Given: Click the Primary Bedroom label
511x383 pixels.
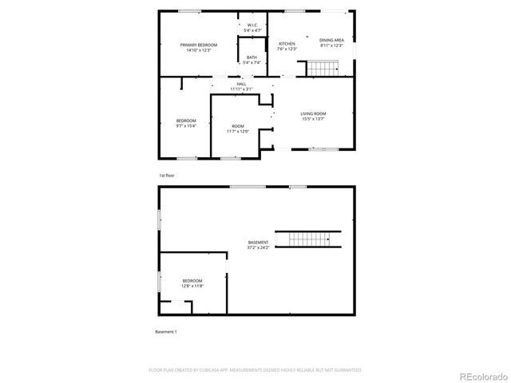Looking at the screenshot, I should click(198, 45).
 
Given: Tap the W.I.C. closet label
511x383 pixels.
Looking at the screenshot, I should click(252, 26).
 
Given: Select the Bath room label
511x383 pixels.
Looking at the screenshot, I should click(252, 57).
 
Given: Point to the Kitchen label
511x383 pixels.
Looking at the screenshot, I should click(287, 44).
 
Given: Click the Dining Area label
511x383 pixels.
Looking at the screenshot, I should click(331, 40).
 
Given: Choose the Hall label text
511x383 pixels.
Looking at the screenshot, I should click(241, 83).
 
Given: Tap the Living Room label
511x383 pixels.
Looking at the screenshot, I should click(313, 113).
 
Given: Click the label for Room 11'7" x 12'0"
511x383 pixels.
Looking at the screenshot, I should click(238, 126).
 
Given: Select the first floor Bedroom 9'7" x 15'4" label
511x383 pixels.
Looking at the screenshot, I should click(185, 120).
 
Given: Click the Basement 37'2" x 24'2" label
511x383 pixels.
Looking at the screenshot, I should click(258, 243).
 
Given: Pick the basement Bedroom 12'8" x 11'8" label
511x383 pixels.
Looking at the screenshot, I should click(192, 281).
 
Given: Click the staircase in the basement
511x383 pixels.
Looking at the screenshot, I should click(308, 239).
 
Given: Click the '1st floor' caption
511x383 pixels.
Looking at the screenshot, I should click(166, 175).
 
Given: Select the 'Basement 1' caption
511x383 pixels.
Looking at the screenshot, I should click(165, 331).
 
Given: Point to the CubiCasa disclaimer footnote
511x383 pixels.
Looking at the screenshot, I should click(255, 370).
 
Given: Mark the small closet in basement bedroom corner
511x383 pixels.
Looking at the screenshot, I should click(175, 307).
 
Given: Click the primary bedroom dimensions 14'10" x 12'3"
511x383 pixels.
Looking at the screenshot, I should click(198, 50).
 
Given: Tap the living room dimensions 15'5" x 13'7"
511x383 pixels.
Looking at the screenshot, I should click(313, 119).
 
